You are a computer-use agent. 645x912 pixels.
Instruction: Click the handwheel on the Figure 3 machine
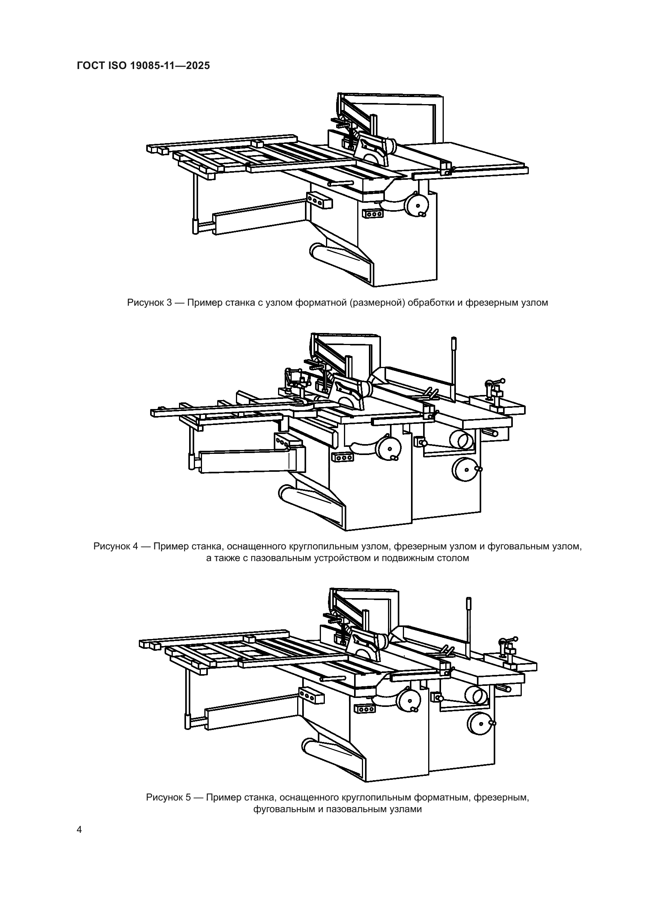[x=417, y=205]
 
